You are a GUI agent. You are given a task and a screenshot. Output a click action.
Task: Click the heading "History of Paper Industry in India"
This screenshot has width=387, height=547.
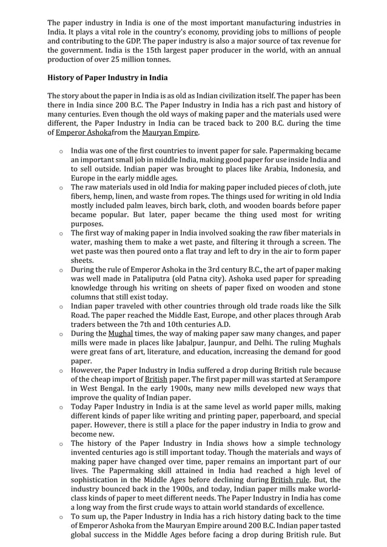[x=107, y=78]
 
